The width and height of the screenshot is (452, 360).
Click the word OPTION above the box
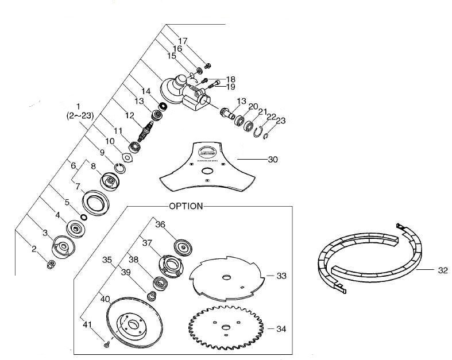point(186,206)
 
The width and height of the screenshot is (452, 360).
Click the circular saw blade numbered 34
point(225,328)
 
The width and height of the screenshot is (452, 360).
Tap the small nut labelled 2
point(51,264)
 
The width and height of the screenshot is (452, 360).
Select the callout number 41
point(88,326)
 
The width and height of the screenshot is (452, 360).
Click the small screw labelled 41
point(107,344)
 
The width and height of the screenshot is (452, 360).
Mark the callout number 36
point(161,226)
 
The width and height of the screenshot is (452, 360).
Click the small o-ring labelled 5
point(84,218)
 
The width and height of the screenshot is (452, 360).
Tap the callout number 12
point(130,115)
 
